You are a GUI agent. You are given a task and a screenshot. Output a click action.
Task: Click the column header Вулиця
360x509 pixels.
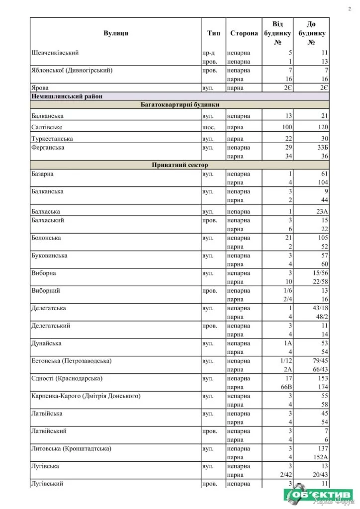(116, 33)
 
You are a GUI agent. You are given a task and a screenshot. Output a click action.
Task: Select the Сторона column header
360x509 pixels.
(244, 33)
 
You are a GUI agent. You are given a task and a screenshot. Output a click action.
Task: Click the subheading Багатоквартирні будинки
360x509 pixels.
(180, 105)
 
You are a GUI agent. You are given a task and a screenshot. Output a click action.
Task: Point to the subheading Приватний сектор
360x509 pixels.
(180, 165)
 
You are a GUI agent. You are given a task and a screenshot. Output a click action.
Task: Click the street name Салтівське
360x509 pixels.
(46, 127)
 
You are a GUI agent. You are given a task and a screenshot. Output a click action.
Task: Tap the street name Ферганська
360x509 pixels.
(48, 148)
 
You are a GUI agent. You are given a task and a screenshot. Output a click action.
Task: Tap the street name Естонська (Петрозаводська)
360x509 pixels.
(71, 360)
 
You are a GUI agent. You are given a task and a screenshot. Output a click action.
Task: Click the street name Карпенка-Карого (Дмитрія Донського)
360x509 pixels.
(86, 396)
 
